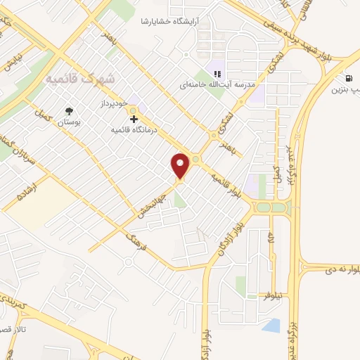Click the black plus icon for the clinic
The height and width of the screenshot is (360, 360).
coord(134,120)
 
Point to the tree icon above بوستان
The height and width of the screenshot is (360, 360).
coord(69,111)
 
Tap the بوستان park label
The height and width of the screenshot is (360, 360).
coord(69,122)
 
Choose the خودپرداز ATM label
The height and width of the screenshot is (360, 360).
coord(112,103)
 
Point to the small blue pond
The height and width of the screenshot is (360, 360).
coord(271,325)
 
